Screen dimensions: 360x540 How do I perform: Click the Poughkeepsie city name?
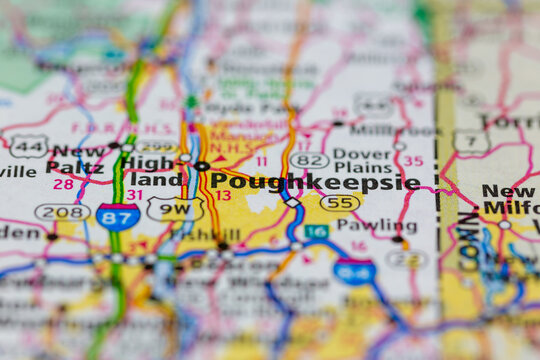tap(314, 182)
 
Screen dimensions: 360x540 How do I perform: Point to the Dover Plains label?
tap(362, 160)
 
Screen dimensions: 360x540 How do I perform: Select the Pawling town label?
tap(377, 225)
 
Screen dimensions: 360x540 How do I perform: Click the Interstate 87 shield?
tap(117, 216)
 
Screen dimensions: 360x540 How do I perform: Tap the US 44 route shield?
tap(28, 145)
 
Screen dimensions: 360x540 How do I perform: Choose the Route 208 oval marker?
tap(61, 212)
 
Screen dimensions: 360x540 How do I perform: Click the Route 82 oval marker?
tap(309, 160)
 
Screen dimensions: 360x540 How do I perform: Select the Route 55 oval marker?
tap(340, 203)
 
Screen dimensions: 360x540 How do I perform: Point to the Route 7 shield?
tap(470, 143)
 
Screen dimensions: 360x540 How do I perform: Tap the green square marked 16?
tap(316, 231)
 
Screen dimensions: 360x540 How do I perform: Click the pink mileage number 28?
tap(64, 184)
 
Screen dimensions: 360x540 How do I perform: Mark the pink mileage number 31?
tap(134, 194)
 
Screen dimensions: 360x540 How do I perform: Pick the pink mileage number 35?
tap(412, 160)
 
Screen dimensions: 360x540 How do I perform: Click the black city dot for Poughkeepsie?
tap(202, 166)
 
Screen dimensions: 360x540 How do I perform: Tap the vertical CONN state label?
tap(467, 236)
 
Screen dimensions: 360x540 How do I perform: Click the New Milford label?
tap(510, 200)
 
